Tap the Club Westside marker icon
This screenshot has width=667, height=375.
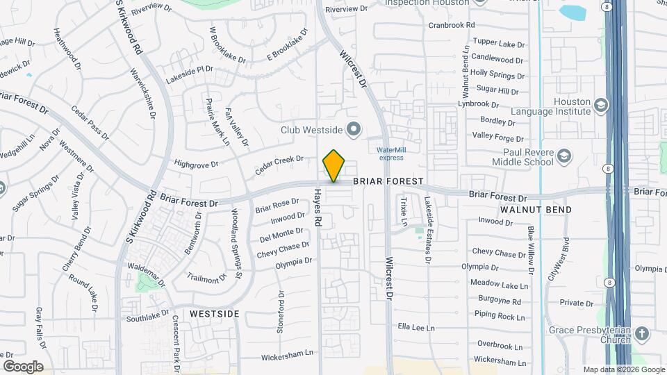click(354, 129)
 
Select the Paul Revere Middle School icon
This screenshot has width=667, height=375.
click(564, 155)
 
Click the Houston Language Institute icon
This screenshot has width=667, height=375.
click(600, 106)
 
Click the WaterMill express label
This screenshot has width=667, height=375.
click(390, 153)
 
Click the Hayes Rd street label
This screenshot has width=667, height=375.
click(318, 208)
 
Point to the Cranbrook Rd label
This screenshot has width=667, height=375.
click(451, 24)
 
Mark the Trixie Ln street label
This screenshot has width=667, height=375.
click(403, 211)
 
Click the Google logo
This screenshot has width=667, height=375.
click(23, 367)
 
